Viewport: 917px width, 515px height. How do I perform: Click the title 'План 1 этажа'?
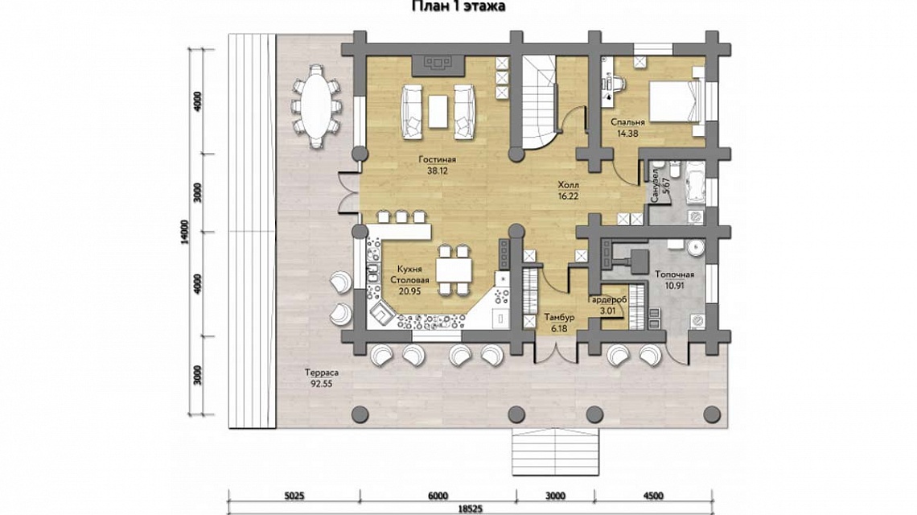[458, 6]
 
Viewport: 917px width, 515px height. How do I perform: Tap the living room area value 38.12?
[438, 171]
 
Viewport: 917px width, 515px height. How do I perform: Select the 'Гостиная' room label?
[438, 159]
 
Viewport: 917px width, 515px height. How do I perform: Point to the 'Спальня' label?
[627, 122]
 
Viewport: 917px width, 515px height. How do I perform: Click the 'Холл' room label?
[568, 185]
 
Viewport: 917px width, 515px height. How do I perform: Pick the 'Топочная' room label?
[674, 274]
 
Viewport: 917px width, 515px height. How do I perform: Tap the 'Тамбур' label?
[559, 317]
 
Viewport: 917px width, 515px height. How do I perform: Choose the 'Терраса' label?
[322, 373]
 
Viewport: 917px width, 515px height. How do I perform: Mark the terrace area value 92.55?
[322, 384]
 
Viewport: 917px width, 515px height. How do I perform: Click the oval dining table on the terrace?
[316, 105]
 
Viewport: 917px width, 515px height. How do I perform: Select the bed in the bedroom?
[676, 101]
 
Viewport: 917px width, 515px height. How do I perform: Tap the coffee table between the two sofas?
[438, 111]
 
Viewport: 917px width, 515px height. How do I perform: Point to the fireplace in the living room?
[438, 65]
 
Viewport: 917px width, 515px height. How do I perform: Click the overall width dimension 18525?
[471, 509]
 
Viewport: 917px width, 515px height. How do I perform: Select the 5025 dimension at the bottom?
[294, 496]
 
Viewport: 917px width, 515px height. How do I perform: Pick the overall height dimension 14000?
[185, 233]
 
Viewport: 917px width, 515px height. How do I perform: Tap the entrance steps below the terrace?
[556, 452]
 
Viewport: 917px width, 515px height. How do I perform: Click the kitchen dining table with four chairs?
[454, 270]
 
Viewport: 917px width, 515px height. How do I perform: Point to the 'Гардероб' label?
[607, 299]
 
